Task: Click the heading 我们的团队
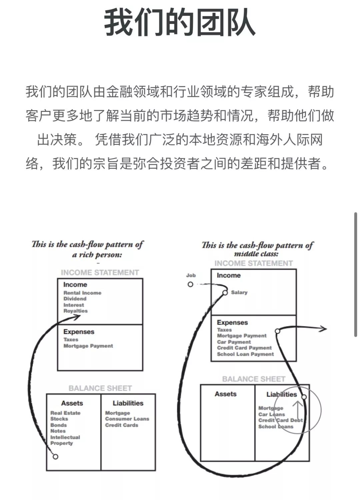click(180, 23)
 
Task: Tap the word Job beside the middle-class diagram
click(191, 275)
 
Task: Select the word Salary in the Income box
click(239, 292)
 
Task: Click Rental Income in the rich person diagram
click(82, 293)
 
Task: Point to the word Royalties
click(75, 311)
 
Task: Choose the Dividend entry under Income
click(75, 299)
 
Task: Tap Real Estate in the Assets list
click(65, 413)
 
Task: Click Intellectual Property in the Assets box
click(65, 440)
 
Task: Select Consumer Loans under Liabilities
click(127, 419)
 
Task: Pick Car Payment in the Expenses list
click(234, 342)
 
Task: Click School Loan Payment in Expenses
click(245, 354)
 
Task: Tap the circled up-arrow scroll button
click(297, 410)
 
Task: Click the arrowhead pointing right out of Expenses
click(324, 329)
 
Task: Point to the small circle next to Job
click(190, 284)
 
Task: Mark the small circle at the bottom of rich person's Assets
click(55, 456)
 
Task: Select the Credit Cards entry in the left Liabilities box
click(121, 425)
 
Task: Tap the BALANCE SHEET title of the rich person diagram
click(100, 388)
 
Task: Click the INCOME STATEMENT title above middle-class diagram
click(253, 263)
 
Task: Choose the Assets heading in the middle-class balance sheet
click(225, 394)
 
